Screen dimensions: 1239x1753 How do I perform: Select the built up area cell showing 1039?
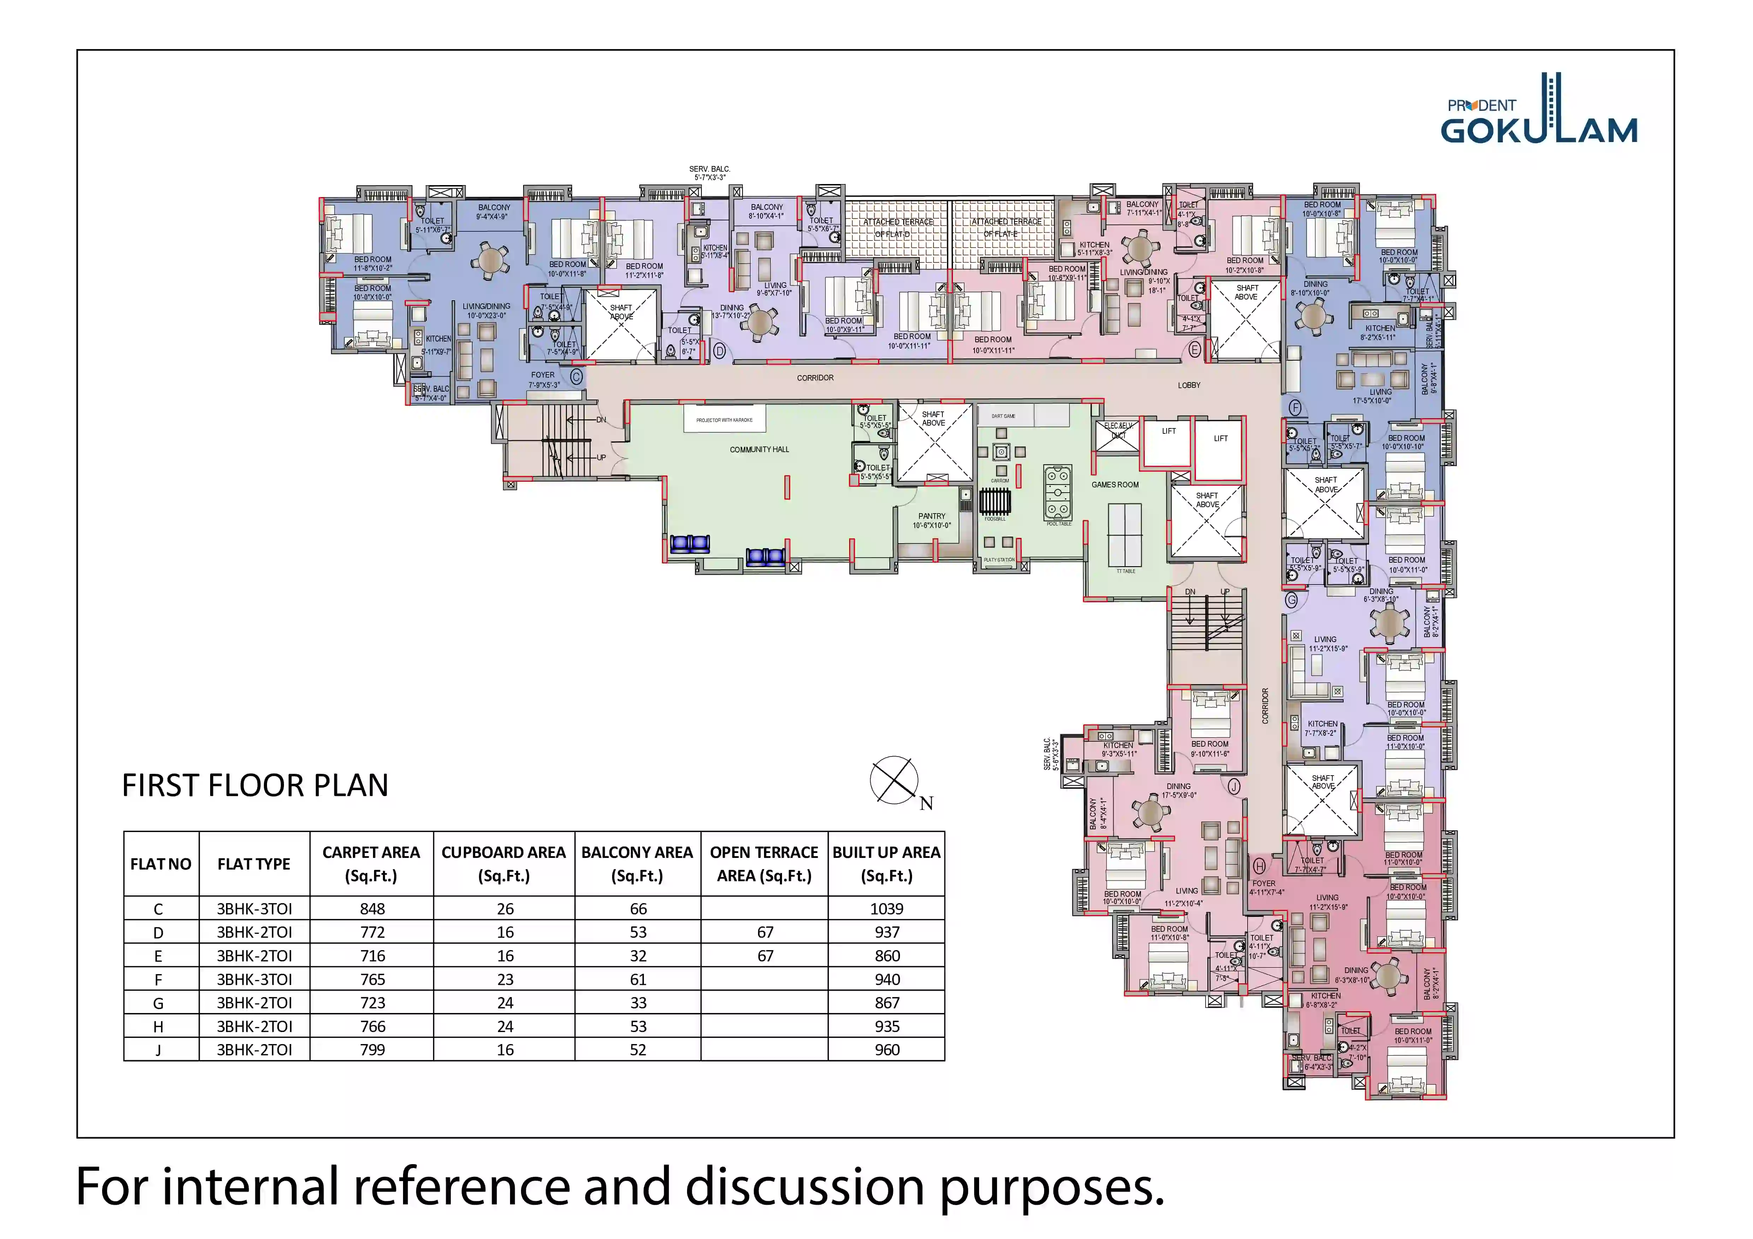point(887,908)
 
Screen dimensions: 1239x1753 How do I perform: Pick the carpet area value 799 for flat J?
point(372,1050)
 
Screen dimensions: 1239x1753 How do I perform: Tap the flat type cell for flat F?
point(254,979)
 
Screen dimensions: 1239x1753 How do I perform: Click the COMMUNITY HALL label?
point(759,450)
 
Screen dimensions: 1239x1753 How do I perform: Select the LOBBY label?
point(1189,386)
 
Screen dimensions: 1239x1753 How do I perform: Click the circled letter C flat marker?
point(576,377)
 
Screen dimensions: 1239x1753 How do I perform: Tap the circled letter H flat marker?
point(1259,866)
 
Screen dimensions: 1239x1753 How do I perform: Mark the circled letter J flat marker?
point(1234,786)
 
